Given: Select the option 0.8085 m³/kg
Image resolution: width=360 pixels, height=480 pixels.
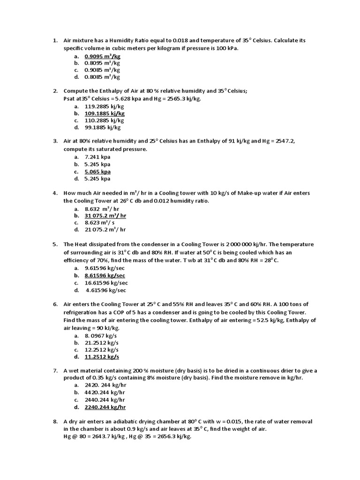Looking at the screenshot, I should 102,77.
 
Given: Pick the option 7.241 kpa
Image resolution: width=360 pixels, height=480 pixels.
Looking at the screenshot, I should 97,157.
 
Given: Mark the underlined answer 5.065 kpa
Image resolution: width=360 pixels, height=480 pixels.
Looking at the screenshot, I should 97,171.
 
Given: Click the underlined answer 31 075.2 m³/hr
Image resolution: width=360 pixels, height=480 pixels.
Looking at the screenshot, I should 105,215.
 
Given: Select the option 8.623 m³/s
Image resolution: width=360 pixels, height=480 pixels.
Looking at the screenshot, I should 99,223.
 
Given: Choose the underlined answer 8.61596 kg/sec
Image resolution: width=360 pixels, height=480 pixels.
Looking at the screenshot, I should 105,275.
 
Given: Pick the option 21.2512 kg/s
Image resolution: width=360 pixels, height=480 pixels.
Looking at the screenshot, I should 101,343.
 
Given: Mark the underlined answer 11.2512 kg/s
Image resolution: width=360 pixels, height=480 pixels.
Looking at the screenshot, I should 101,357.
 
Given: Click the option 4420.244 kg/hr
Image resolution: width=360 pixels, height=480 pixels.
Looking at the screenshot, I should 105,392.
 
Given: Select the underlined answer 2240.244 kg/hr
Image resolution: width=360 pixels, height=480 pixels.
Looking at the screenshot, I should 105,407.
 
